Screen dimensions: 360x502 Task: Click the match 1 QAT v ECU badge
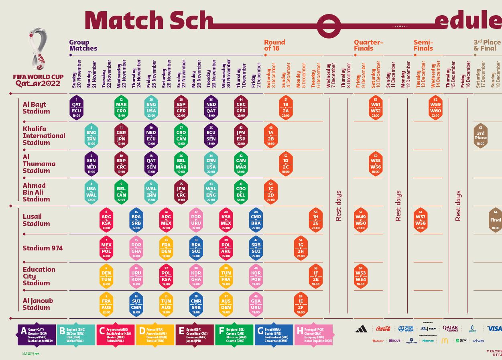pyautogui.click(x=76, y=108)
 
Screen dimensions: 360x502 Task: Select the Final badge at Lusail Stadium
pyautogui.click(x=496, y=220)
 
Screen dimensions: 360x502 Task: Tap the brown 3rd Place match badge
pyautogui.click(x=480, y=136)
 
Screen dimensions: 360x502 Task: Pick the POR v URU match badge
pyautogui.click(x=196, y=220)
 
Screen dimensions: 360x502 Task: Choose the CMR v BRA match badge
pyautogui.click(x=256, y=220)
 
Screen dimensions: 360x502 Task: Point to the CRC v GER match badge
pyautogui.click(x=241, y=108)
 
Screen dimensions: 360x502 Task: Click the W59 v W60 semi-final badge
pyautogui.click(x=435, y=108)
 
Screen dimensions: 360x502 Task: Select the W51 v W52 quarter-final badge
pyautogui.click(x=376, y=108)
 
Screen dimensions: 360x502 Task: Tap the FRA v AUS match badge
pyautogui.click(x=106, y=305)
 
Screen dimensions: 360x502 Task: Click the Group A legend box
pyautogui.click(x=37, y=335)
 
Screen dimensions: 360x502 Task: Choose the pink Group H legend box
pyautogui.click(x=314, y=335)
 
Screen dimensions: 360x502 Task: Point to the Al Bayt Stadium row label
pyautogui.click(x=36, y=108)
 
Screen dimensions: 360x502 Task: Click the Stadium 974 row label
pyautogui.click(x=43, y=248)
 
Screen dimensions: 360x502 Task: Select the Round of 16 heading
pyautogui.click(x=274, y=45)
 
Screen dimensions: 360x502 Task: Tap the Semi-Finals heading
pyautogui.click(x=423, y=45)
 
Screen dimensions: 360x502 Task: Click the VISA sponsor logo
pyautogui.click(x=494, y=329)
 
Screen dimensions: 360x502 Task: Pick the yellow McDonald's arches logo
pyautogui.click(x=445, y=341)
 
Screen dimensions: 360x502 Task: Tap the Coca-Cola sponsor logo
pyautogui.click(x=383, y=329)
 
